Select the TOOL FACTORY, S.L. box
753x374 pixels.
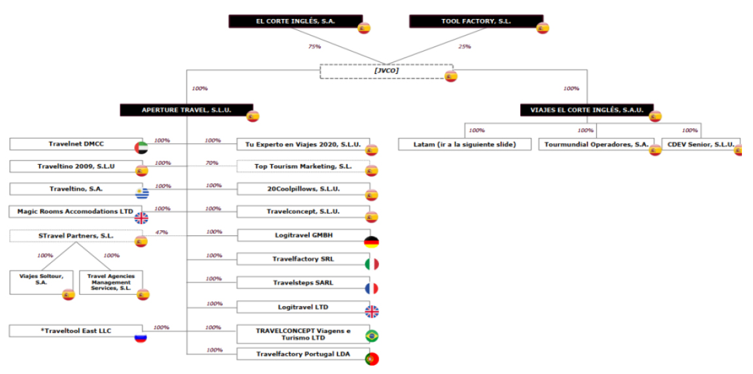475,22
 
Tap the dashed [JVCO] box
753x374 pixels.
386,71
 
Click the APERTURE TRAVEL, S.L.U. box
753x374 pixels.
186,110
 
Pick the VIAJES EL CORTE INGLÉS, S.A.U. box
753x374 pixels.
586,110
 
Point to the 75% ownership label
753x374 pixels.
314,46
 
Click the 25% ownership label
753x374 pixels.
465,46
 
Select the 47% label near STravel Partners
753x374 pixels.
161,232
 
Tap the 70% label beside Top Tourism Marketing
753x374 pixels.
212,163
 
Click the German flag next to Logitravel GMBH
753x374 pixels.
371,242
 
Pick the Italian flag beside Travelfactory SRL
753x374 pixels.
371,265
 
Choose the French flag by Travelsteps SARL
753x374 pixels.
371,288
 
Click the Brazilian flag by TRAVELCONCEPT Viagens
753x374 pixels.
371,336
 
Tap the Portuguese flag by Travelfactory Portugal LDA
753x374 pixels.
371,358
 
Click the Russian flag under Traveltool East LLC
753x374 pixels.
141,337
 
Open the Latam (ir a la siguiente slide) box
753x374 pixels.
465,144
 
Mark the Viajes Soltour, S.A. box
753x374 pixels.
41,280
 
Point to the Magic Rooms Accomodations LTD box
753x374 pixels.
72,212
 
